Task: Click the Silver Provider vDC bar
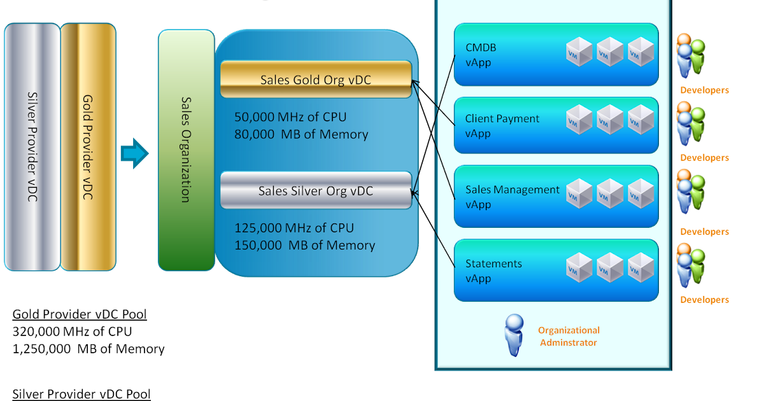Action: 32,147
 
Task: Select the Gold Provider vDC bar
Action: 88,147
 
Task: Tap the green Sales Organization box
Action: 185,150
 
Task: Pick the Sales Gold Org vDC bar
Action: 316,80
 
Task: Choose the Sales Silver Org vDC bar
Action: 316,190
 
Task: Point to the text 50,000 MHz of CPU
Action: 290,117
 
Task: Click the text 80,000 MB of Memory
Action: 301,134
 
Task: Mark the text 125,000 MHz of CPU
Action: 294,228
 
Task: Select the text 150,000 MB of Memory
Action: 305,245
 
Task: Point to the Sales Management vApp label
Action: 512,197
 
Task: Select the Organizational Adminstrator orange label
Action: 569,336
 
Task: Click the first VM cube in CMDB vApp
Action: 579,52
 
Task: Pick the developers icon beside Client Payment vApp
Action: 690,125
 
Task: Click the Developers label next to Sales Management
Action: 704,232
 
